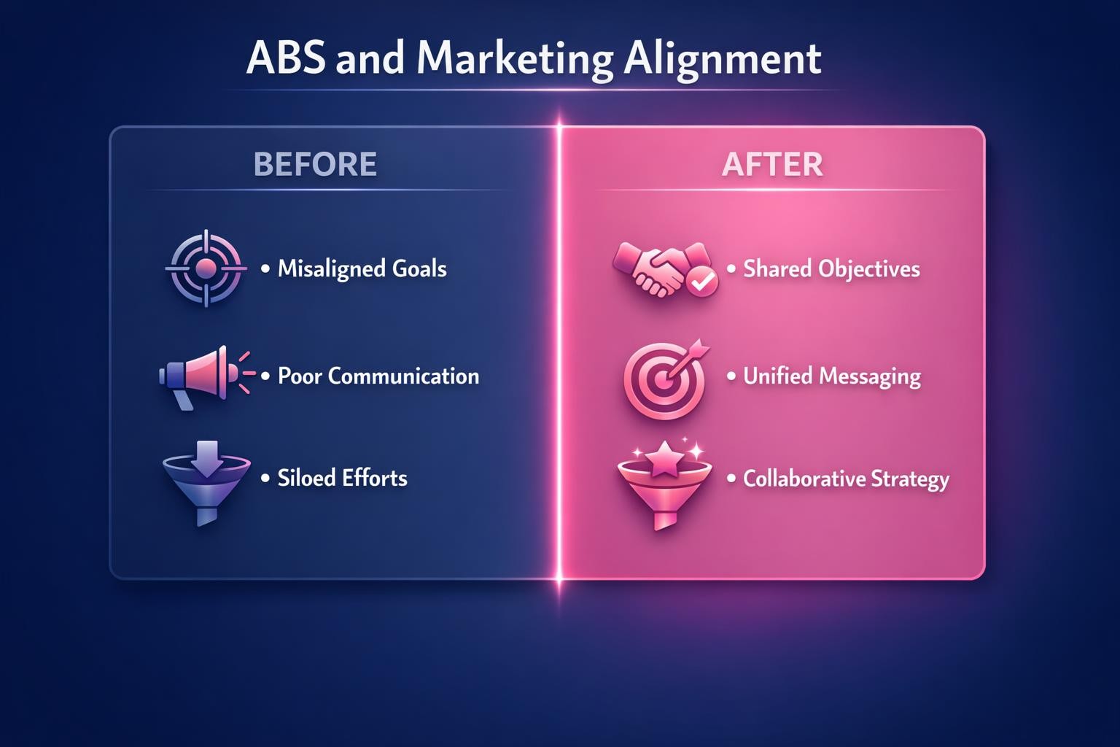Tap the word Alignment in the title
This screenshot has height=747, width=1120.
(723, 59)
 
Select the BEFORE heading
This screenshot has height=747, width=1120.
(315, 164)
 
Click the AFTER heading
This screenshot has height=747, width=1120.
(772, 164)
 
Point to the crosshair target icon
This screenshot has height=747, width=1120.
(206, 268)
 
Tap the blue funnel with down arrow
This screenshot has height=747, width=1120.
(207, 480)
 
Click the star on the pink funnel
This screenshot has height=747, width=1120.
(665, 460)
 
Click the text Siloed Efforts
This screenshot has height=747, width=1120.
(342, 479)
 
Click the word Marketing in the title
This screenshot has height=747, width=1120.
(515, 59)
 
